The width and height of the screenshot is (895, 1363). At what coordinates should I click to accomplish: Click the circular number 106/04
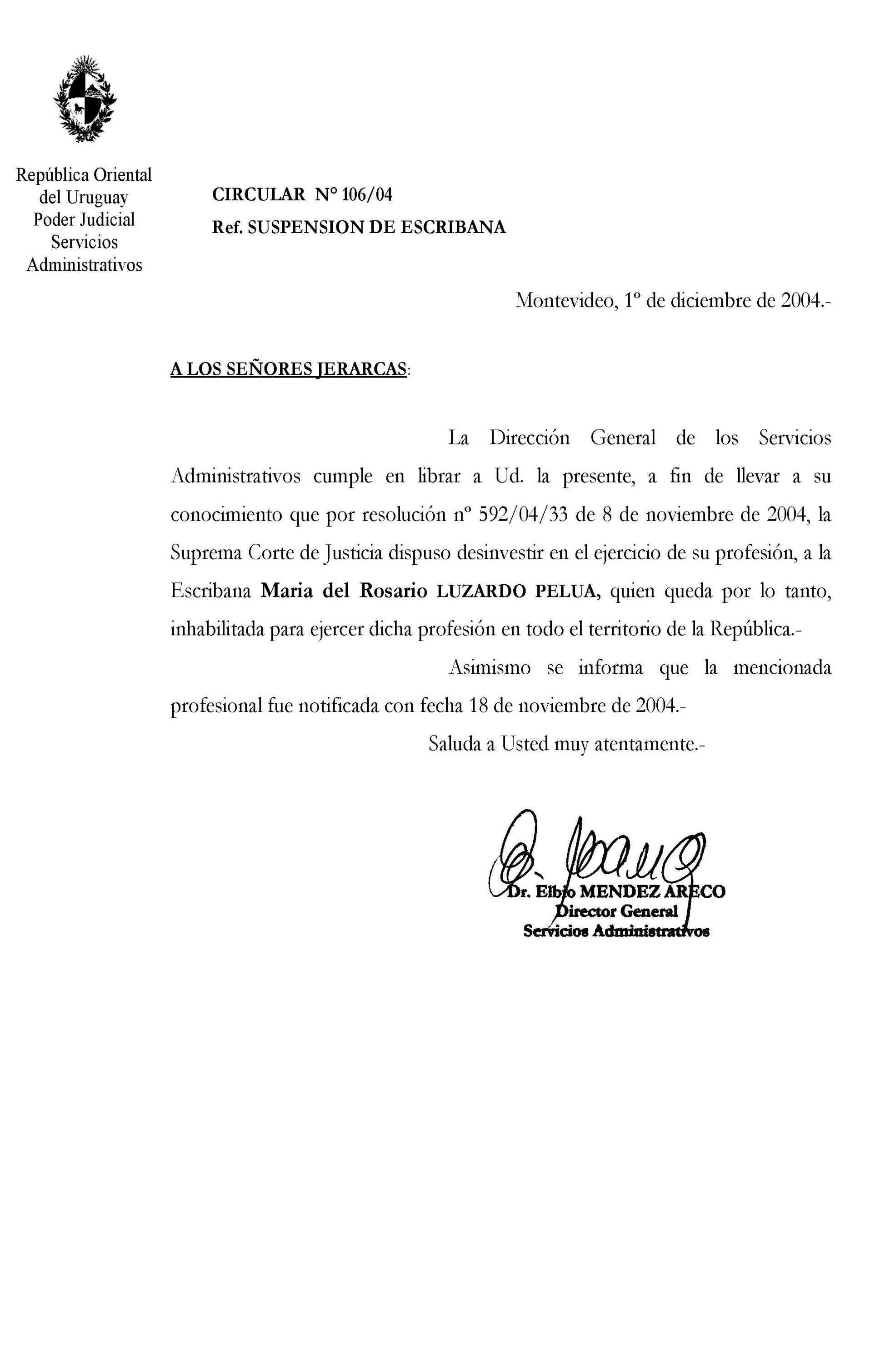click(367, 195)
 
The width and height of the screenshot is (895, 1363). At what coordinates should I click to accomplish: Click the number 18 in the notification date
click(477, 706)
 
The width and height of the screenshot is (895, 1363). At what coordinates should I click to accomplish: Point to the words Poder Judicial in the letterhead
click(84, 219)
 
